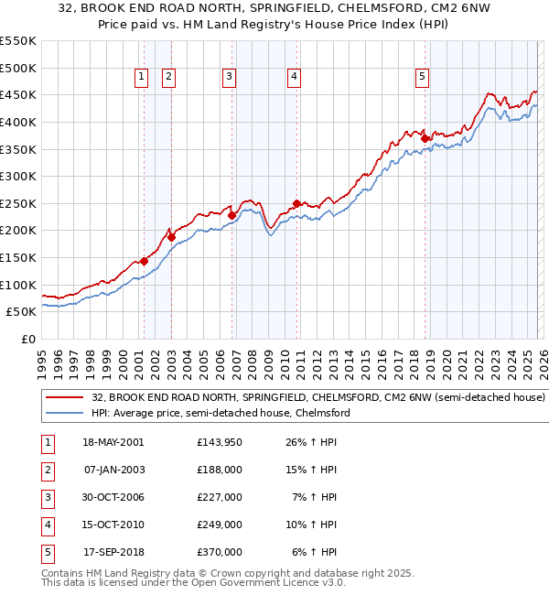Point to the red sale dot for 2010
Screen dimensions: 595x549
click(296, 203)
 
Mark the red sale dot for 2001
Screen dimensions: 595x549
click(144, 261)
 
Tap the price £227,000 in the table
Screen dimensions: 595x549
click(220, 497)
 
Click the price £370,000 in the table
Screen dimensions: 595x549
click(220, 552)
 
